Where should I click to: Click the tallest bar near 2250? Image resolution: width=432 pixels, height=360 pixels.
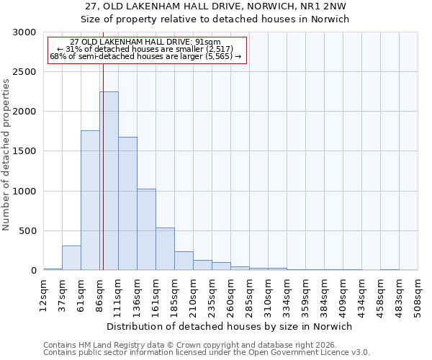(x=109, y=181)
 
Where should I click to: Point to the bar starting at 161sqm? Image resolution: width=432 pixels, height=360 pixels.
(x=165, y=249)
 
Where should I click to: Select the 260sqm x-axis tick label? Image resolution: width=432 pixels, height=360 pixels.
(x=231, y=294)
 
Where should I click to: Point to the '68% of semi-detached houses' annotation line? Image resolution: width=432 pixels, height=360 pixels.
(x=145, y=56)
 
